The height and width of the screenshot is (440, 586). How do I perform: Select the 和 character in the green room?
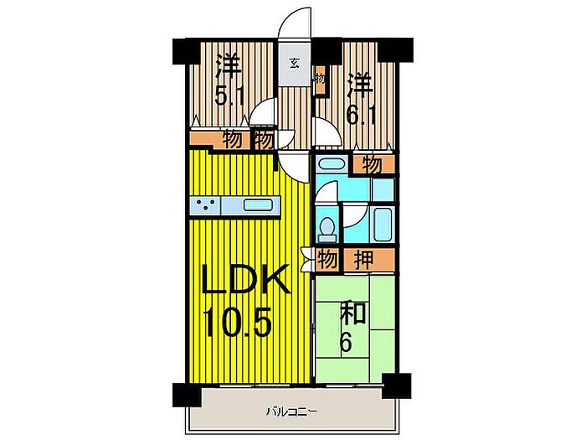352,314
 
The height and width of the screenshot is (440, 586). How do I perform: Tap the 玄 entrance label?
295,63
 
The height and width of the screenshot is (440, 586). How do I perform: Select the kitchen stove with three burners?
207,204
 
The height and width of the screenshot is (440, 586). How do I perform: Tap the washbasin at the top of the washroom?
328,165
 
